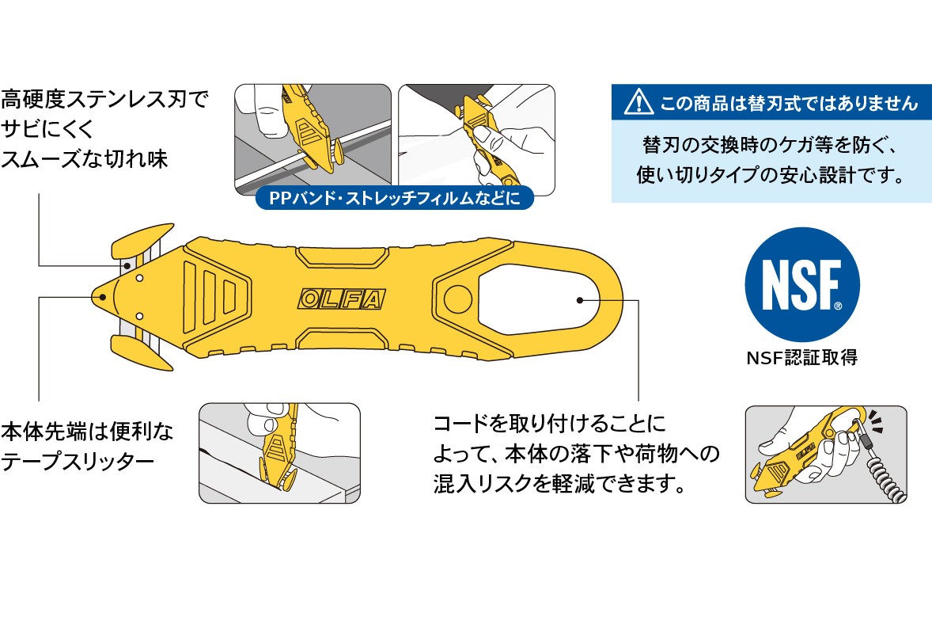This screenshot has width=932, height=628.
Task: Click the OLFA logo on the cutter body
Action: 341,299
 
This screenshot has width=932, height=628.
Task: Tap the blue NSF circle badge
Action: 801,285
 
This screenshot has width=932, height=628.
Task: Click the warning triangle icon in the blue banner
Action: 639,101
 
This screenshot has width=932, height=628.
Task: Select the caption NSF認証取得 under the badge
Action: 801,357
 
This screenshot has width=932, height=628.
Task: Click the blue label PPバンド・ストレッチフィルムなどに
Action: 394,198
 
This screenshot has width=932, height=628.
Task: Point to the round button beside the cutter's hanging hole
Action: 457,296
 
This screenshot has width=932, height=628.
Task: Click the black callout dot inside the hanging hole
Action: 579,299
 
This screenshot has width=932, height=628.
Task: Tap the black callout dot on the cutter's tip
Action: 102,297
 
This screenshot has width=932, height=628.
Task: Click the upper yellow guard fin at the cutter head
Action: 142,240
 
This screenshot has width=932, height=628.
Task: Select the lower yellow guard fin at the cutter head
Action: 142,352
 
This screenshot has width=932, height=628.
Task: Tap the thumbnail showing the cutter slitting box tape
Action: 279,453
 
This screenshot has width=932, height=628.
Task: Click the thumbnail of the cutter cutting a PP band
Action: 313,139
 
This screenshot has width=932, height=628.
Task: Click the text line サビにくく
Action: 47,129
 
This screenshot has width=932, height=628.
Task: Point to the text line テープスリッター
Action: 78,461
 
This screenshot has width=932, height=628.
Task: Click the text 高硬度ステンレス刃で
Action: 104,99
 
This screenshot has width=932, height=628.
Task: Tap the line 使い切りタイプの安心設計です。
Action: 771,175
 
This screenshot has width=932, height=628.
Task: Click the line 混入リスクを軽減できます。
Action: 560,484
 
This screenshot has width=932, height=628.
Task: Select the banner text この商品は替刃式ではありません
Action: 790,103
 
